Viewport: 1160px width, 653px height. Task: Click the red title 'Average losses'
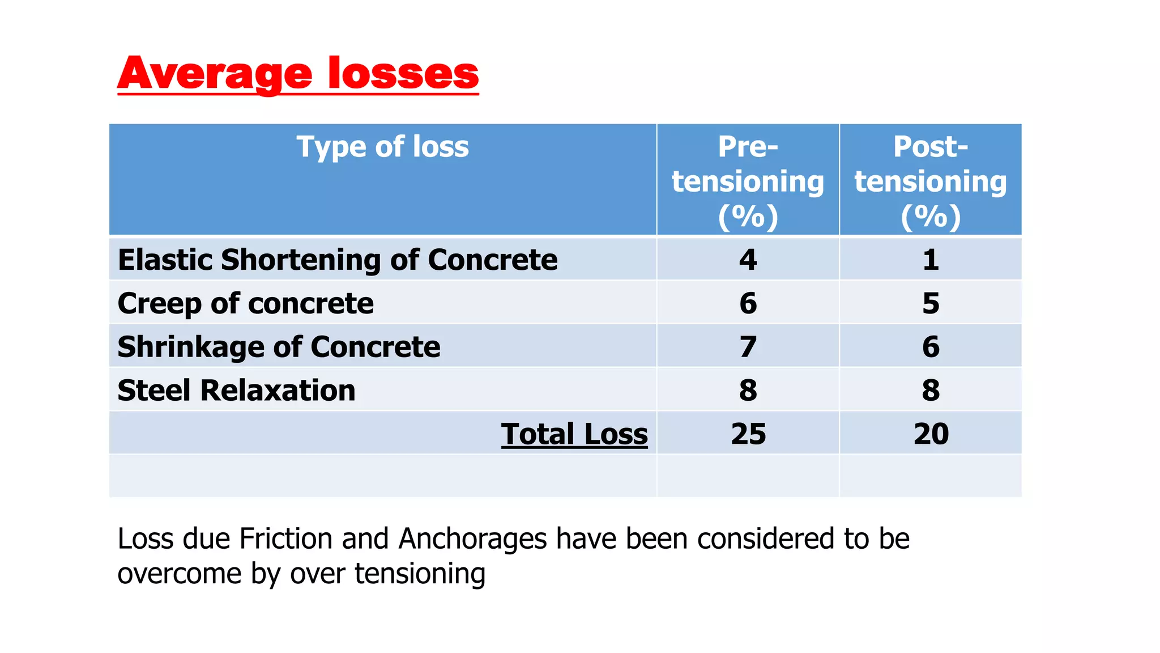pos(298,74)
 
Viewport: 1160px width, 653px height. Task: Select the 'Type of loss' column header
pos(382,147)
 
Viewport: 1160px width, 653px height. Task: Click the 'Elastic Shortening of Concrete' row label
pos(338,260)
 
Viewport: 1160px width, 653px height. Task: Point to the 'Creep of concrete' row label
pos(245,303)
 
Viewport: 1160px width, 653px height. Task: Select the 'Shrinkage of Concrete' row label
pos(279,347)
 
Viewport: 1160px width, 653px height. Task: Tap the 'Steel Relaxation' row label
pos(236,391)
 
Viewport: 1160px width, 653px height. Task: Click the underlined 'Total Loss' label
pos(574,434)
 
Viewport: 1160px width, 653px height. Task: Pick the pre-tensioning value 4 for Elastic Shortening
pos(748,260)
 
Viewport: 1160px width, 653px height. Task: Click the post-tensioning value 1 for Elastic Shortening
pos(931,260)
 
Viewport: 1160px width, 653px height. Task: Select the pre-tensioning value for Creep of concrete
pos(748,303)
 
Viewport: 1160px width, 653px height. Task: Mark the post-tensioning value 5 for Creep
pos(931,303)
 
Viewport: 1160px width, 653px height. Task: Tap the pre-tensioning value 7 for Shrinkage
pos(748,347)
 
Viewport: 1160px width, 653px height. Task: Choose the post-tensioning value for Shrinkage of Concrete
pos(931,347)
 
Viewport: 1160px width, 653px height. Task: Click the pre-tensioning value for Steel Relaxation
pos(748,391)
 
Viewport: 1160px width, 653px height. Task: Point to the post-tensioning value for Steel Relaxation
pos(931,391)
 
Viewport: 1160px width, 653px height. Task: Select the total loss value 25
pos(748,434)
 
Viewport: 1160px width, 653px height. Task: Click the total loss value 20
pos(931,434)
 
